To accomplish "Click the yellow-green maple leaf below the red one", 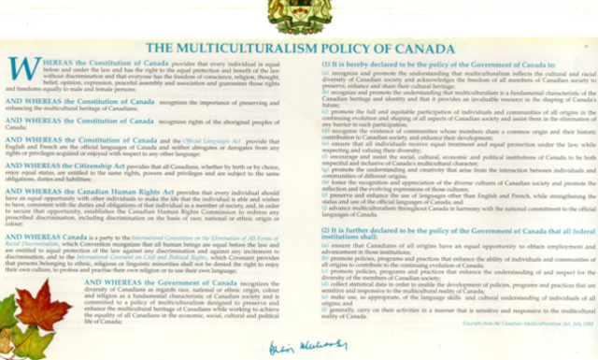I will pyautogui.click(x=37, y=341).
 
